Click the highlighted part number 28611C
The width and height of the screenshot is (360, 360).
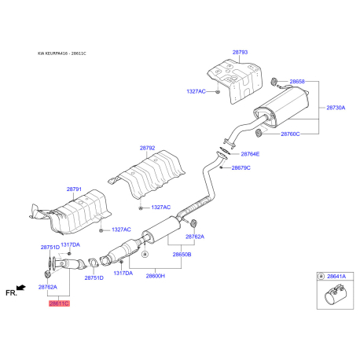click(59, 303)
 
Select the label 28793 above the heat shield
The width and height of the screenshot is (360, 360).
click(240, 52)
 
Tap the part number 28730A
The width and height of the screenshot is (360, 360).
click(336, 108)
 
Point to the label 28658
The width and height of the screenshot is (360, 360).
click(297, 81)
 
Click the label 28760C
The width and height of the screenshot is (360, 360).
click(290, 134)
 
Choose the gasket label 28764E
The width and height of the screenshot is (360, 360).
click(250, 154)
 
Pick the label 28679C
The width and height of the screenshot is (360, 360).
click(241, 167)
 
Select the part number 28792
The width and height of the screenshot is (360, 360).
click(147, 148)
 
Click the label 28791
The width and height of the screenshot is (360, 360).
click(74, 189)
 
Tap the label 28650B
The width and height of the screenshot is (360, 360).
click(182, 254)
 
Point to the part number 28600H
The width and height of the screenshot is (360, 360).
click(156, 276)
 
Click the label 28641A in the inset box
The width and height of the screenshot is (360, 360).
click(336, 276)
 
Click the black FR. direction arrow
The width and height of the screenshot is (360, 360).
click(21, 288)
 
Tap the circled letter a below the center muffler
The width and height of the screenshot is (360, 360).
click(145, 254)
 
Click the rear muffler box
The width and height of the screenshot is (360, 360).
click(281, 108)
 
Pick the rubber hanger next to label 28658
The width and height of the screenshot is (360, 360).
click(274, 82)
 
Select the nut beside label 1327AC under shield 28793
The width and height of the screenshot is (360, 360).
click(217, 92)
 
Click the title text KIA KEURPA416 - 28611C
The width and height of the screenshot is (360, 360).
click(62, 53)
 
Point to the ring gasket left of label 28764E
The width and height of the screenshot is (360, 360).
click(224, 151)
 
